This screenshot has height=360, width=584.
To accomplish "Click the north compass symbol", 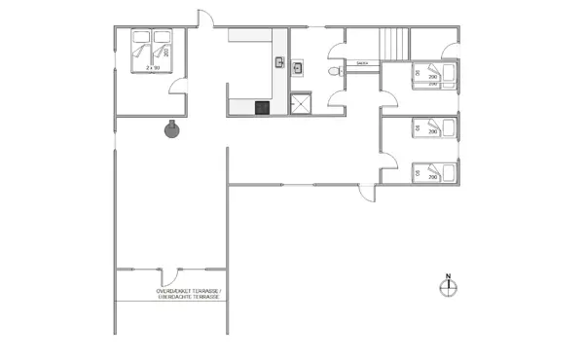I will [x=449, y=287].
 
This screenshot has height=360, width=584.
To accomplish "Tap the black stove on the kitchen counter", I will [x=261, y=108].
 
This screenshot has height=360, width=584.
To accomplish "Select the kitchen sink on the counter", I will [x=278, y=64].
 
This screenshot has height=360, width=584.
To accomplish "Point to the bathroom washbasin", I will [x=300, y=67].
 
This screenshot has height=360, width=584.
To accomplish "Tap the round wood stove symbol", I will [x=171, y=129].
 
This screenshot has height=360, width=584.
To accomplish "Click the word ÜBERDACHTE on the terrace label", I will [x=176, y=298].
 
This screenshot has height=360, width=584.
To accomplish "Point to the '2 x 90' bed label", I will [x=151, y=69].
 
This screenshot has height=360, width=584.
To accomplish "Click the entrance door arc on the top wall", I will [x=206, y=20].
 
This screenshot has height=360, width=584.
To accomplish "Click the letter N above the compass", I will [x=449, y=276].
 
